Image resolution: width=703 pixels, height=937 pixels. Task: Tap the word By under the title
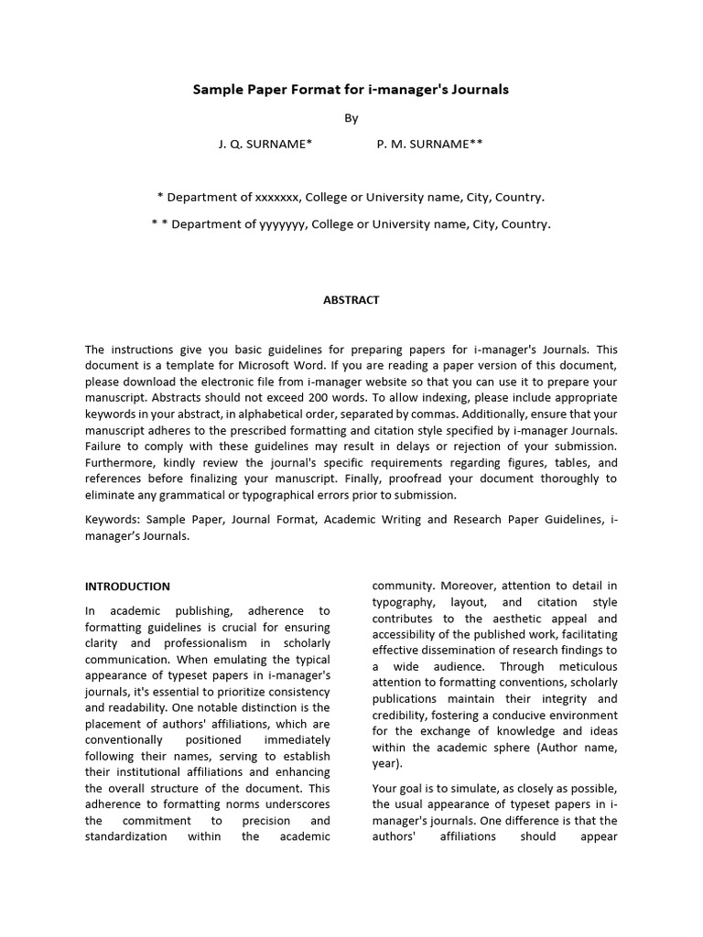tap(351, 117)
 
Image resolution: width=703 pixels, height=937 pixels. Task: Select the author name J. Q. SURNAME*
tap(265, 145)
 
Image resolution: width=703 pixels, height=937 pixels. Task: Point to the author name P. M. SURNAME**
tap(430, 145)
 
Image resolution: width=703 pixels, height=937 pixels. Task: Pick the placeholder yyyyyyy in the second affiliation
tap(285, 223)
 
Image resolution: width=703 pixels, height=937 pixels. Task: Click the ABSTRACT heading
tap(351, 300)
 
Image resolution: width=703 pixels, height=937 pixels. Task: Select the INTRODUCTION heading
tap(127, 587)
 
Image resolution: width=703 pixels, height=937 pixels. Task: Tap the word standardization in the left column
tap(126, 837)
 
